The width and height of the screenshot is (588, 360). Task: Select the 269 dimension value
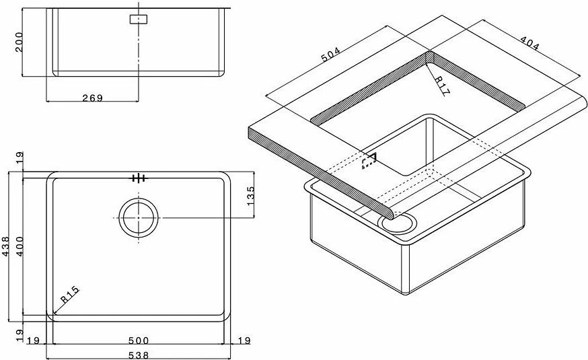click(x=92, y=98)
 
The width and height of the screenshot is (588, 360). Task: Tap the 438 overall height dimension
click(x=6, y=246)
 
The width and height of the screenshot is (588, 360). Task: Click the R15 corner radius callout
click(x=70, y=294)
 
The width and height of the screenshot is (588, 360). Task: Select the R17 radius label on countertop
click(x=441, y=86)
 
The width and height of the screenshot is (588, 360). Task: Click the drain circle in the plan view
click(x=139, y=217)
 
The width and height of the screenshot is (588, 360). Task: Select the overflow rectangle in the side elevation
click(x=139, y=20)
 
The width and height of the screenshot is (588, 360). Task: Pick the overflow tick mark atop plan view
click(x=139, y=178)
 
